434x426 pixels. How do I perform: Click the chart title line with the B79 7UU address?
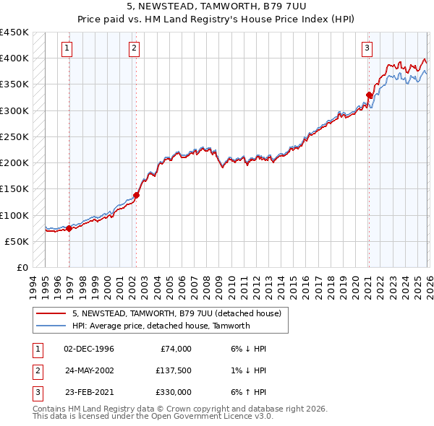(x=216, y=6)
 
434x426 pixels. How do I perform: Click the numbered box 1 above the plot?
(x=67, y=48)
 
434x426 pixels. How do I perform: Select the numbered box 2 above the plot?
(x=135, y=48)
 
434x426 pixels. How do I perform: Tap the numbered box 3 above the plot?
(x=367, y=48)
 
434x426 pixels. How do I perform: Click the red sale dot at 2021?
(x=369, y=95)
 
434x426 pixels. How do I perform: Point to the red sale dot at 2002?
(x=136, y=195)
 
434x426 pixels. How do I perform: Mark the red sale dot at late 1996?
(x=69, y=228)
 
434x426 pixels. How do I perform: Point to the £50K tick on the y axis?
(x=17, y=241)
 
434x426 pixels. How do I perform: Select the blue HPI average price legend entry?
(x=161, y=326)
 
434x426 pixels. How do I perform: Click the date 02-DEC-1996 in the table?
(x=89, y=349)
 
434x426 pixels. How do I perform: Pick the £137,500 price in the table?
(x=173, y=370)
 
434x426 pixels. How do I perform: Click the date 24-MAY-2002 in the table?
(x=89, y=370)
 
